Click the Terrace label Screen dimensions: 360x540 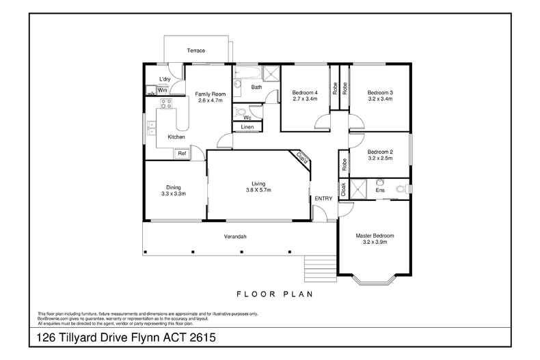[197, 51]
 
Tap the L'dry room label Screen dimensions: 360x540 [164, 79]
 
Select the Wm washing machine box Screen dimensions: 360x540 [163, 89]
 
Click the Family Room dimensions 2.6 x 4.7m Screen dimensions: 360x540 [211, 100]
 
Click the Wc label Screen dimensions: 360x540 [247, 117]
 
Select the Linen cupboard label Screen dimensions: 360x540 [247, 127]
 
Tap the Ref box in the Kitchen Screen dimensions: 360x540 [182, 154]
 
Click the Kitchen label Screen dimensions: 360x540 [176, 137]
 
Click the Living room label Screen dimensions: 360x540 [258, 183]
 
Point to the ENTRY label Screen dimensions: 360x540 [323, 199]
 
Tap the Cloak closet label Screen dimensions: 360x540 [343, 189]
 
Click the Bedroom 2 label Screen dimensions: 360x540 [379, 152]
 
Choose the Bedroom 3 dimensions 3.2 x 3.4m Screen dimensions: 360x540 [379, 99]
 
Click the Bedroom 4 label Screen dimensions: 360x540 [304, 92]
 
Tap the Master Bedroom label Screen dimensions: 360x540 [375, 236]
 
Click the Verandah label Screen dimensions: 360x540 [234, 237]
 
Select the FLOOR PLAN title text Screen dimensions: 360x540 [274, 295]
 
